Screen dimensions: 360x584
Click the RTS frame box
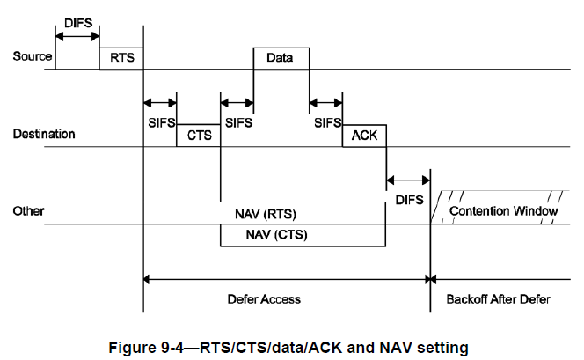point(120,58)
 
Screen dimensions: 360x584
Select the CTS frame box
point(198,136)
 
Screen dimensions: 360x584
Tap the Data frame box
point(281,58)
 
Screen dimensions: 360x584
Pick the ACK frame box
point(364,136)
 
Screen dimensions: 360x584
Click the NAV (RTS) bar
point(264,213)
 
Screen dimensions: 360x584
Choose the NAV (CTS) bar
point(303,235)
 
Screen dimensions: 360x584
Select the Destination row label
point(44,135)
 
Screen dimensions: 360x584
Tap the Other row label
point(28,212)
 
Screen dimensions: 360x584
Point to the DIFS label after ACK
point(409,201)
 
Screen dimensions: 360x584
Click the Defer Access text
point(264,299)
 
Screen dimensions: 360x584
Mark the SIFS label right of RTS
point(162,124)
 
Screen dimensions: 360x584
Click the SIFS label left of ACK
point(328,124)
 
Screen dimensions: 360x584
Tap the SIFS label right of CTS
point(239,124)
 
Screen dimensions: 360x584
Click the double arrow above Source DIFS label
point(77,36)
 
